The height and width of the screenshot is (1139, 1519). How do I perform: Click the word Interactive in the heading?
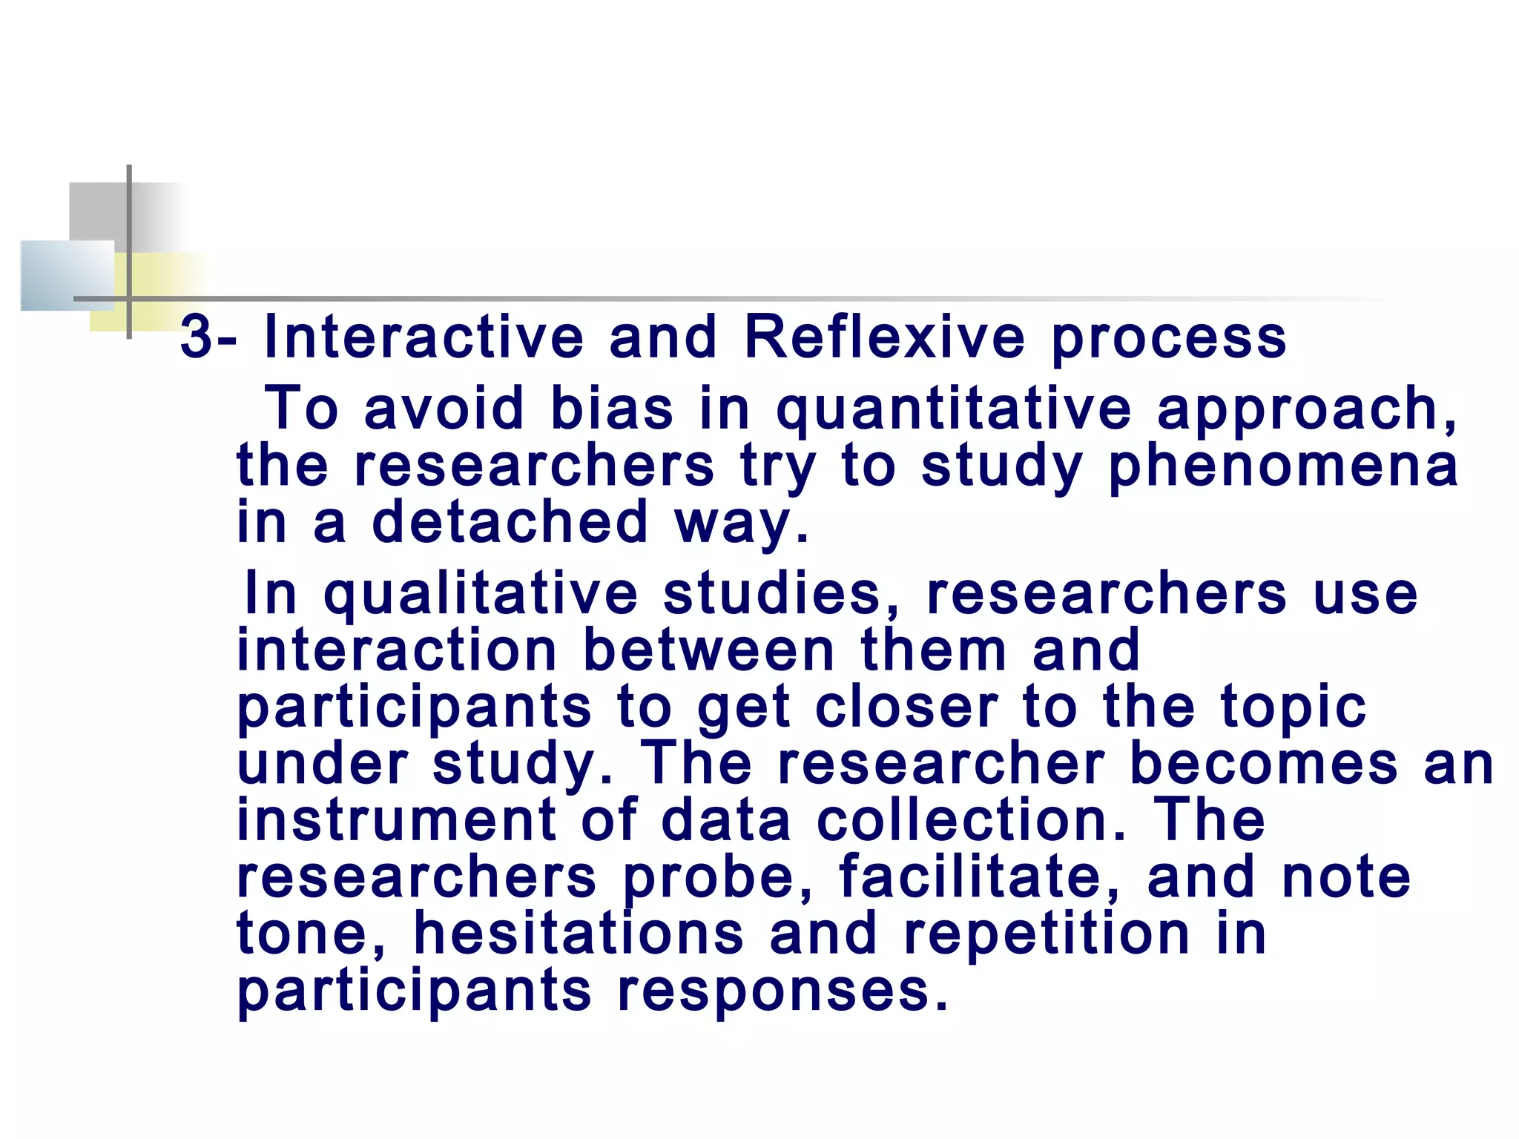(x=424, y=337)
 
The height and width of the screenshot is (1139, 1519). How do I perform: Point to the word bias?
(x=612, y=409)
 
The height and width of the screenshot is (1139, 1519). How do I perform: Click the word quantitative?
(x=953, y=410)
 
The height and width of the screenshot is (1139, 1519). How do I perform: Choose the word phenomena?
(x=1283, y=466)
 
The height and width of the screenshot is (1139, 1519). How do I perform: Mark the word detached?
(x=510, y=522)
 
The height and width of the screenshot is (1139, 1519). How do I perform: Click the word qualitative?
(x=480, y=594)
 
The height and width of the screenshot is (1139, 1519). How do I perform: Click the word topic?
(x=1294, y=708)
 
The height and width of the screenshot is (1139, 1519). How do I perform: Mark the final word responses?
(x=782, y=991)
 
